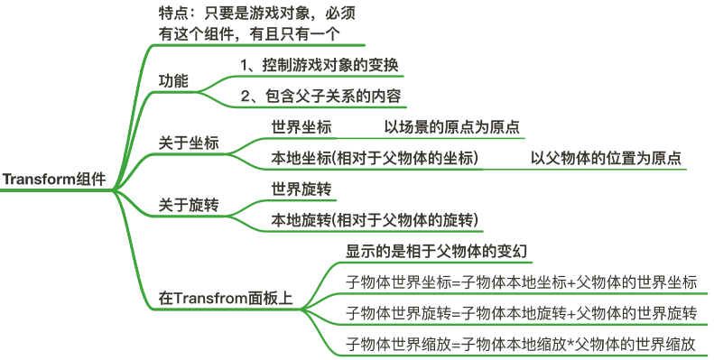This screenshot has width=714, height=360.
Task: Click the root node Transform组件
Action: coord(54,180)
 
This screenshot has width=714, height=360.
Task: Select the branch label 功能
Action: coord(173,80)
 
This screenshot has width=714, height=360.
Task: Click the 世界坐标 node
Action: coord(301,127)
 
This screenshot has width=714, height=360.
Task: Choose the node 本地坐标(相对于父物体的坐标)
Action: coord(375,158)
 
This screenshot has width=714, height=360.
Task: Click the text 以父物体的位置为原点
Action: coord(605,158)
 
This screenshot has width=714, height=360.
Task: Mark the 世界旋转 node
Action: coord(301,189)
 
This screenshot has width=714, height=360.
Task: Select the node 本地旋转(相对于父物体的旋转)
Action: coord(375,221)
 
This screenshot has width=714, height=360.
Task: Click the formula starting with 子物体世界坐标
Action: coord(522,282)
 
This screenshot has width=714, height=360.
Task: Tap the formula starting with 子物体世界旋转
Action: coord(522,313)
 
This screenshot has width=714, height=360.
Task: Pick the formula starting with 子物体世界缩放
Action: coord(522,344)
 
